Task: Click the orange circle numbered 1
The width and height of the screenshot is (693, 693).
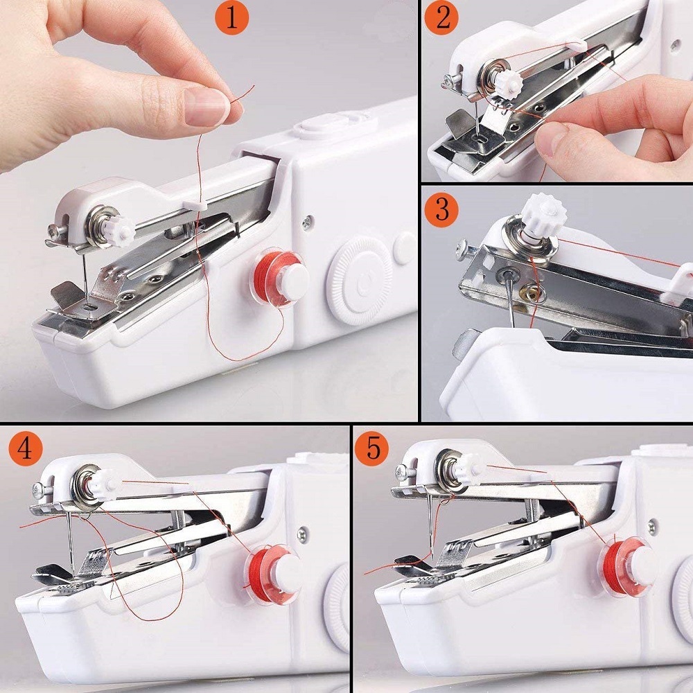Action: pos(232,19)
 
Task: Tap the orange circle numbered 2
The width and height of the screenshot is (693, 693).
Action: pos(443,19)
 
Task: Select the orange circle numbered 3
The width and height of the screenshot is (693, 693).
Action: pos(443,209)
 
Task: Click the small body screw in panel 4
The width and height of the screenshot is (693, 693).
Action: pos(302,533)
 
